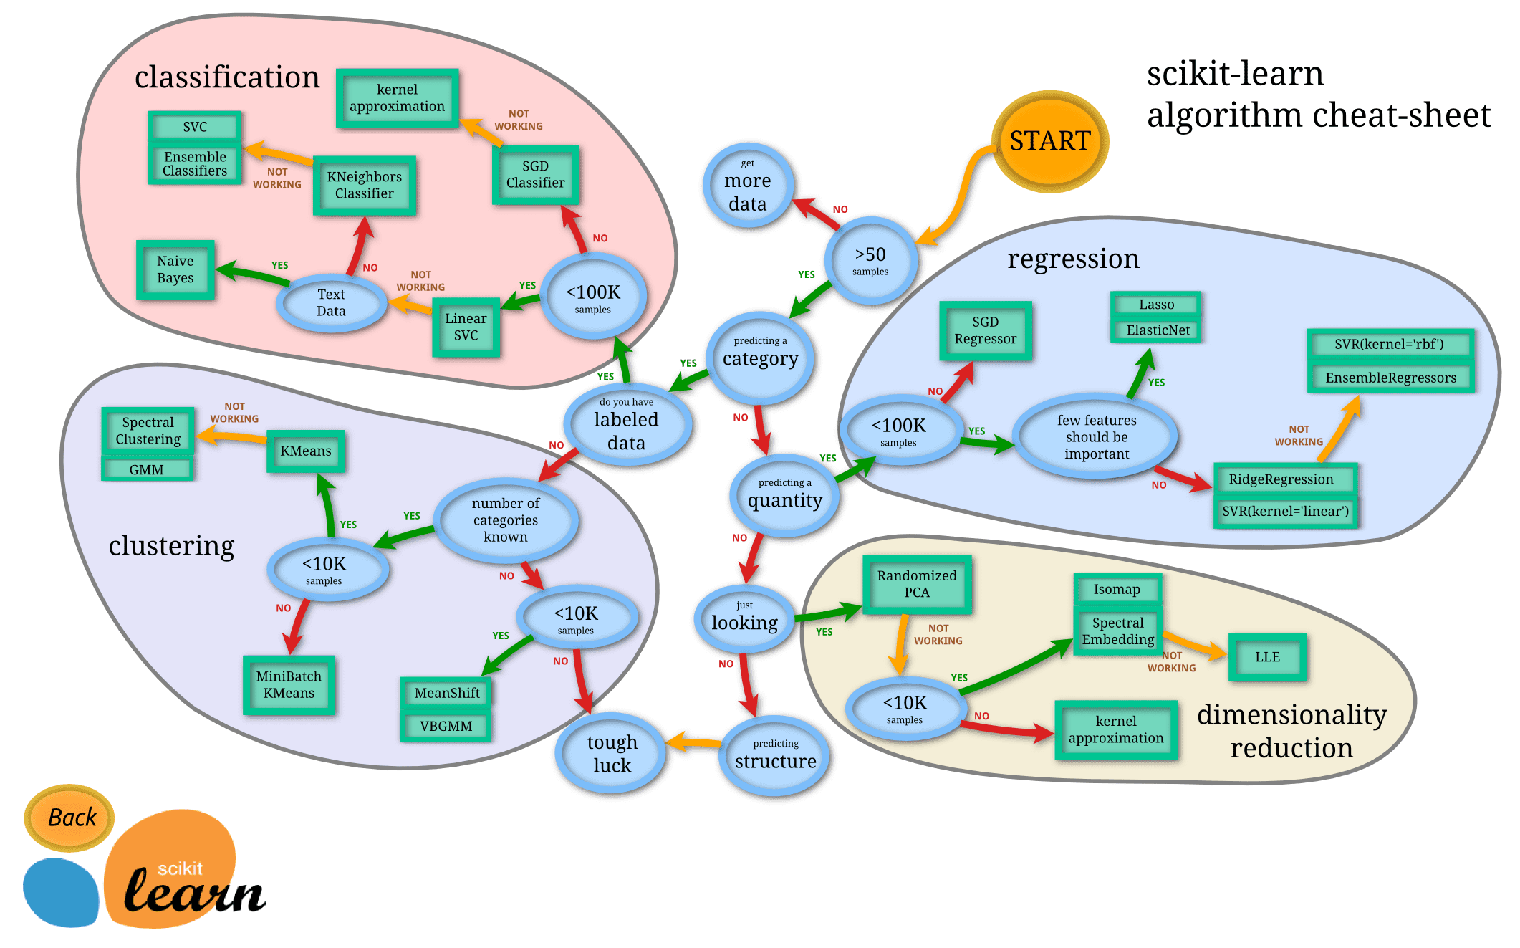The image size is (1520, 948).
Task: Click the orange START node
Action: pyautogui.click(x=1049, y=141)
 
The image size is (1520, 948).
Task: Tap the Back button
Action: pyautogui.click(x=70, y=817)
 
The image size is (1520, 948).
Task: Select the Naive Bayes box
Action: pyautogui.click(x=175, y=269)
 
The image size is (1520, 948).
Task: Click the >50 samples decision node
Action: pyautogui.click(x=870, y=261)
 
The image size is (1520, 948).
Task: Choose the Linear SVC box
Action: pyautogui.click(x=466, y=327)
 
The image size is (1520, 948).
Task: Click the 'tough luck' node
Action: pyautogui.click(x=612, y=752)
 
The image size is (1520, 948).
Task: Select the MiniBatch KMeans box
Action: pyautogui.click(x=289, y=684)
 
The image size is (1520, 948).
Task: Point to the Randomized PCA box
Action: pyautogui.click(x=917, y=584)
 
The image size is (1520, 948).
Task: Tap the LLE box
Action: pyautogui.click(x=1267, y=657)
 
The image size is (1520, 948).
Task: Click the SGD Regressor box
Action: pyautogui.click(x=985, y=330)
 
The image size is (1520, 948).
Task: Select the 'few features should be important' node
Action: pyautogui.click(x=1096, y=436)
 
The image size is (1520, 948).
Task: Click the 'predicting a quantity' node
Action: pyautogui.click(x=784, y=495)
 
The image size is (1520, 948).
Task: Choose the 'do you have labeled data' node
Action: pyautogui.click(x=626, y=426)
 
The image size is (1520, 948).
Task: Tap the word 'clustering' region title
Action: pyautogui.click(x=171, y=546)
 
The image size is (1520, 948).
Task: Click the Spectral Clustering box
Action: pyautogui.click(x=148, y=431)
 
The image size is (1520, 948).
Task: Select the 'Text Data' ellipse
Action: pyautogui.click(x=331, y=302)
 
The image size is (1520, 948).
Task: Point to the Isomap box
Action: pyautogui.click(x=1117, y=589)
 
